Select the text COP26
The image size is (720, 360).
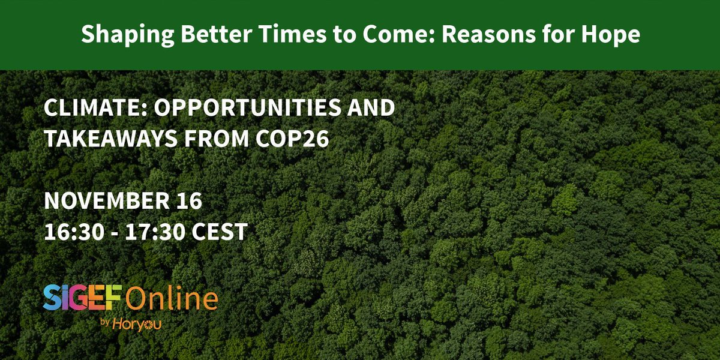tap(298, 139)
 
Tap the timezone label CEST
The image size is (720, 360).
tap(220, 232)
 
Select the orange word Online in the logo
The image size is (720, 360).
tap(172, 298)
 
